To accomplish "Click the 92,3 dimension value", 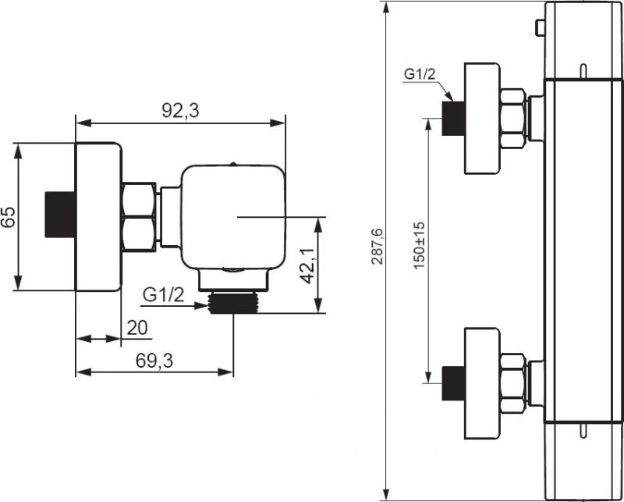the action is coord(180,111).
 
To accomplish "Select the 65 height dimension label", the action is coord(8,217).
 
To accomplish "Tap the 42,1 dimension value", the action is coord(307,265).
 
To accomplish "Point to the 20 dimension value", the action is coord(137,327).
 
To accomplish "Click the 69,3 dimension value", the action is coord(154,361).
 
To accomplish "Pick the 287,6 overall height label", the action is coord(377,247).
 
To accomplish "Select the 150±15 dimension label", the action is coord(419,246).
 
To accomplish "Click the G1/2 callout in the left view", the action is coord(164,295).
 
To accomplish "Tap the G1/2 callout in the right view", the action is coord(420,74).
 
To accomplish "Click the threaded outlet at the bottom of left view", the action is coord(233,302).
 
